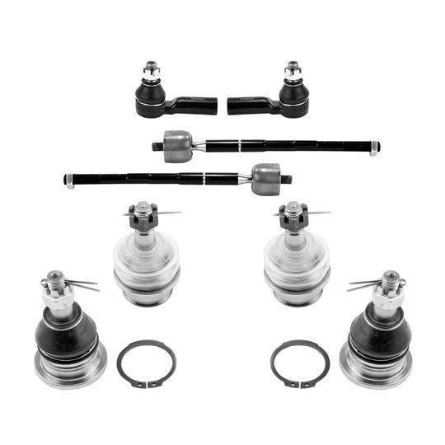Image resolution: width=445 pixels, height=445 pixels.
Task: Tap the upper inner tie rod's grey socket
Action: tap(177, 147)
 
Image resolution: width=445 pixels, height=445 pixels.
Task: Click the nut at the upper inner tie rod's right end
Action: tap(375, 148)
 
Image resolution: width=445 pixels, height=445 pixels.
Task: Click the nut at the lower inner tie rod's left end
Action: tap(70, 177)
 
